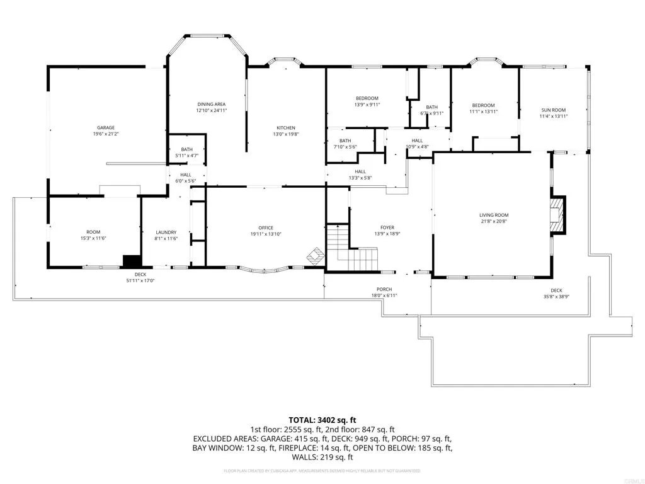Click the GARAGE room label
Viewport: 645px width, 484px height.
tap(105, 127)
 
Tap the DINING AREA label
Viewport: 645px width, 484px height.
tap(211, 104)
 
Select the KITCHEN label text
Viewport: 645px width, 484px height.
tap(283, 128)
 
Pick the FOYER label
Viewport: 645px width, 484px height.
tap(387, 228)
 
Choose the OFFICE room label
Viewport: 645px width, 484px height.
tap(265, 228)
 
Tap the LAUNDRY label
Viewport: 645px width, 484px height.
tap(166, 232)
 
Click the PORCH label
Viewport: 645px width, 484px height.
tap(384, 289)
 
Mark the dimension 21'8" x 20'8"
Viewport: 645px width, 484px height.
tap(493, 222)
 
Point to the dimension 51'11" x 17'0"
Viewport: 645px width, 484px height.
tap(140, 280)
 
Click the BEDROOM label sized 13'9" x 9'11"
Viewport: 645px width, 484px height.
tap(367, 98)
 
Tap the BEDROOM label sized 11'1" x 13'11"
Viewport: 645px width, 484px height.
tap(483, 105)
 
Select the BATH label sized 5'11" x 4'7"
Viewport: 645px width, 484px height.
tap(186, 149)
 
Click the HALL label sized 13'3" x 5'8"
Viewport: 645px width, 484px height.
tap(360, 171)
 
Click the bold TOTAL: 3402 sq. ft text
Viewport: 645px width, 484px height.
tap(322, 419)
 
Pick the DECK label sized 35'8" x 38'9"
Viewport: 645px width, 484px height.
tap(556, 291)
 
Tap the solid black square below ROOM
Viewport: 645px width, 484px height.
tap(132, 262)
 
